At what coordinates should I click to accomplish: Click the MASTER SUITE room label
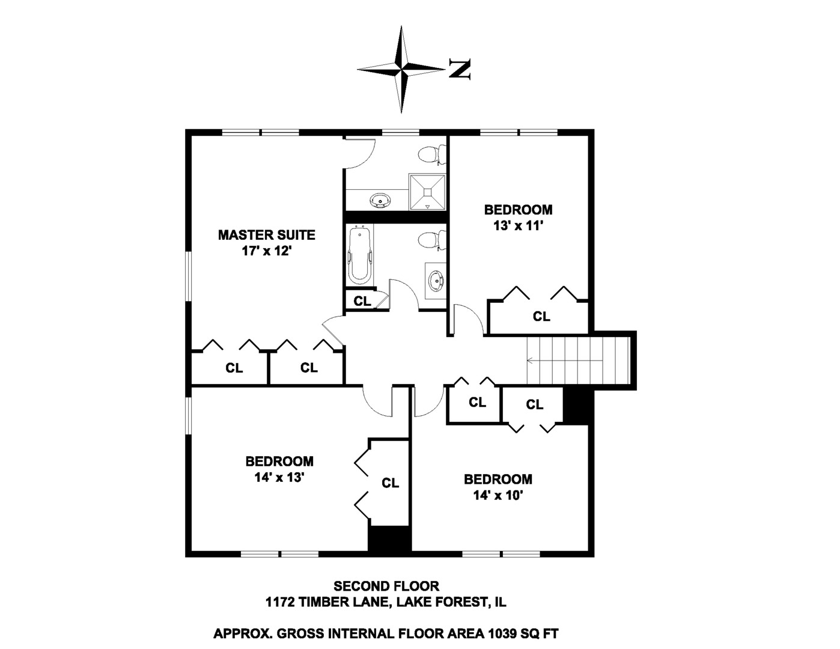(x=266, y=234)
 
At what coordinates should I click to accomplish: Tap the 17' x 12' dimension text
(x=266, y=251)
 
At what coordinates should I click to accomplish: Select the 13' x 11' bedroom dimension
(x=519, y=226)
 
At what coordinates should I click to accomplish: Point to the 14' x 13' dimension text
(x=279, y=477)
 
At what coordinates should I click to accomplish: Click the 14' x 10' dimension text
(x=498, y=495)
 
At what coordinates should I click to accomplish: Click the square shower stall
(x=427, y=192)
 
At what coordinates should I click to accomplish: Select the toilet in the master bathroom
(x=432, y=155)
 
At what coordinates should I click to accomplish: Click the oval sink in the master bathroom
(x=381, y=201)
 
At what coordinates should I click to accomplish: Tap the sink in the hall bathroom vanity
(x=436, y=281)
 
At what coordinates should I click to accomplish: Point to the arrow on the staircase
(x=565, y=361)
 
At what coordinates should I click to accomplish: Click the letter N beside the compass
(x=460, y=70)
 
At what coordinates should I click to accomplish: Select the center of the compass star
(x=401, y=70)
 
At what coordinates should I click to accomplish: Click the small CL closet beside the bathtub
(x=362, y=300)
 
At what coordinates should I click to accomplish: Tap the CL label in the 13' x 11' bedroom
(x=541, y=317)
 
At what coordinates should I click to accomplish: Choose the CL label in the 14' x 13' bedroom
(x=390, y=483)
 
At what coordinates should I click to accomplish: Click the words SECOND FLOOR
(x=386, y=587)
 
